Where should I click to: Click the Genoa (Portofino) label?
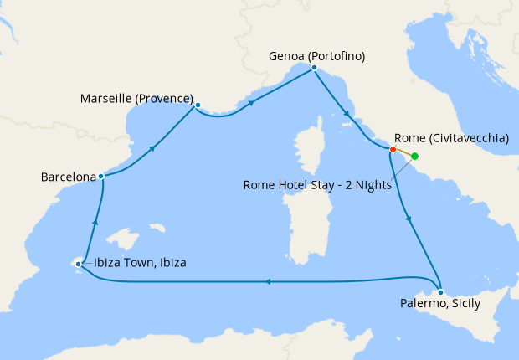[316, 56]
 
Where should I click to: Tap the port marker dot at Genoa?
[314, 67]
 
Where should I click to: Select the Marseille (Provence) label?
[137, 99]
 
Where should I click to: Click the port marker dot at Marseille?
[198, 105]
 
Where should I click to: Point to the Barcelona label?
[67, 177]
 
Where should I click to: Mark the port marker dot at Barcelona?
[100, 176]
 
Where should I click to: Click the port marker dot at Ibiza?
[78, 265]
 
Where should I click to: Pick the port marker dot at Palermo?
[440, 292]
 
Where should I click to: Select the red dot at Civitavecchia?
[393, 150]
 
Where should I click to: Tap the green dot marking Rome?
[415, 157]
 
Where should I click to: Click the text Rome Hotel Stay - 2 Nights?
[316, 186]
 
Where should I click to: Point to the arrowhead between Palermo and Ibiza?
[267, 282]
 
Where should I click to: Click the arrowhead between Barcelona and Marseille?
[153, 148]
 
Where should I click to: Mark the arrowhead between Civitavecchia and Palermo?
[409, 219]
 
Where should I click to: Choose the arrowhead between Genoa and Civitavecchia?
[346, 113]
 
